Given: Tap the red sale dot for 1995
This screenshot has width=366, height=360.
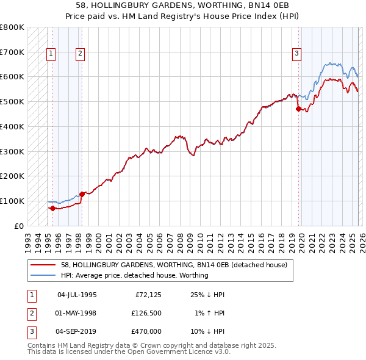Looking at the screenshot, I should point(52,208).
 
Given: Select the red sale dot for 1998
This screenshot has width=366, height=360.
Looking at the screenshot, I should point(82,194).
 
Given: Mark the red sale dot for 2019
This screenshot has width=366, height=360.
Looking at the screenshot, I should point(298,109).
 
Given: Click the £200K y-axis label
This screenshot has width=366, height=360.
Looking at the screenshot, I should point(12,176).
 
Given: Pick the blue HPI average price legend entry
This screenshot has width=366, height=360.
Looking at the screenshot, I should point(134,275).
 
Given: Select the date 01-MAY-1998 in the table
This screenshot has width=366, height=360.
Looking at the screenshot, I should point(76,313).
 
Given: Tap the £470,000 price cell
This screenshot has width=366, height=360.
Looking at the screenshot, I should point(146,331).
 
